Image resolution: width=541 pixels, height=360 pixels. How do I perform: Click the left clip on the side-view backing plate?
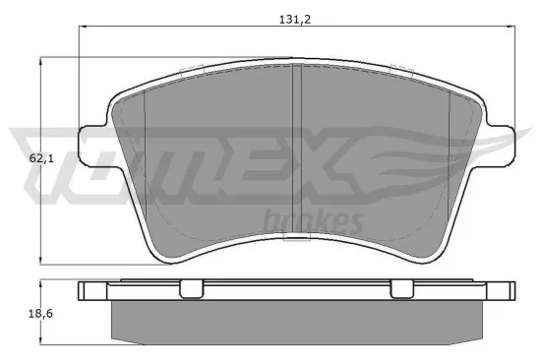point(191,288)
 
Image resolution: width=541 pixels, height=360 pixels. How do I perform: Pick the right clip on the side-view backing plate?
point(401,288)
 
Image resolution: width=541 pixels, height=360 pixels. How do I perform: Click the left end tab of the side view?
point(91,290)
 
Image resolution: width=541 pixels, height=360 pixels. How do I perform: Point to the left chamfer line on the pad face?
point(145,157)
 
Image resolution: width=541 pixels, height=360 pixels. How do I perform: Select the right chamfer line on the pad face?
point(450,157)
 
